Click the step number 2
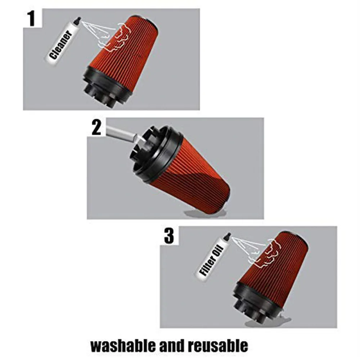pos(96,127)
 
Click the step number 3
pos(169,236)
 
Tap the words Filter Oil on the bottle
pos(211,260)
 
